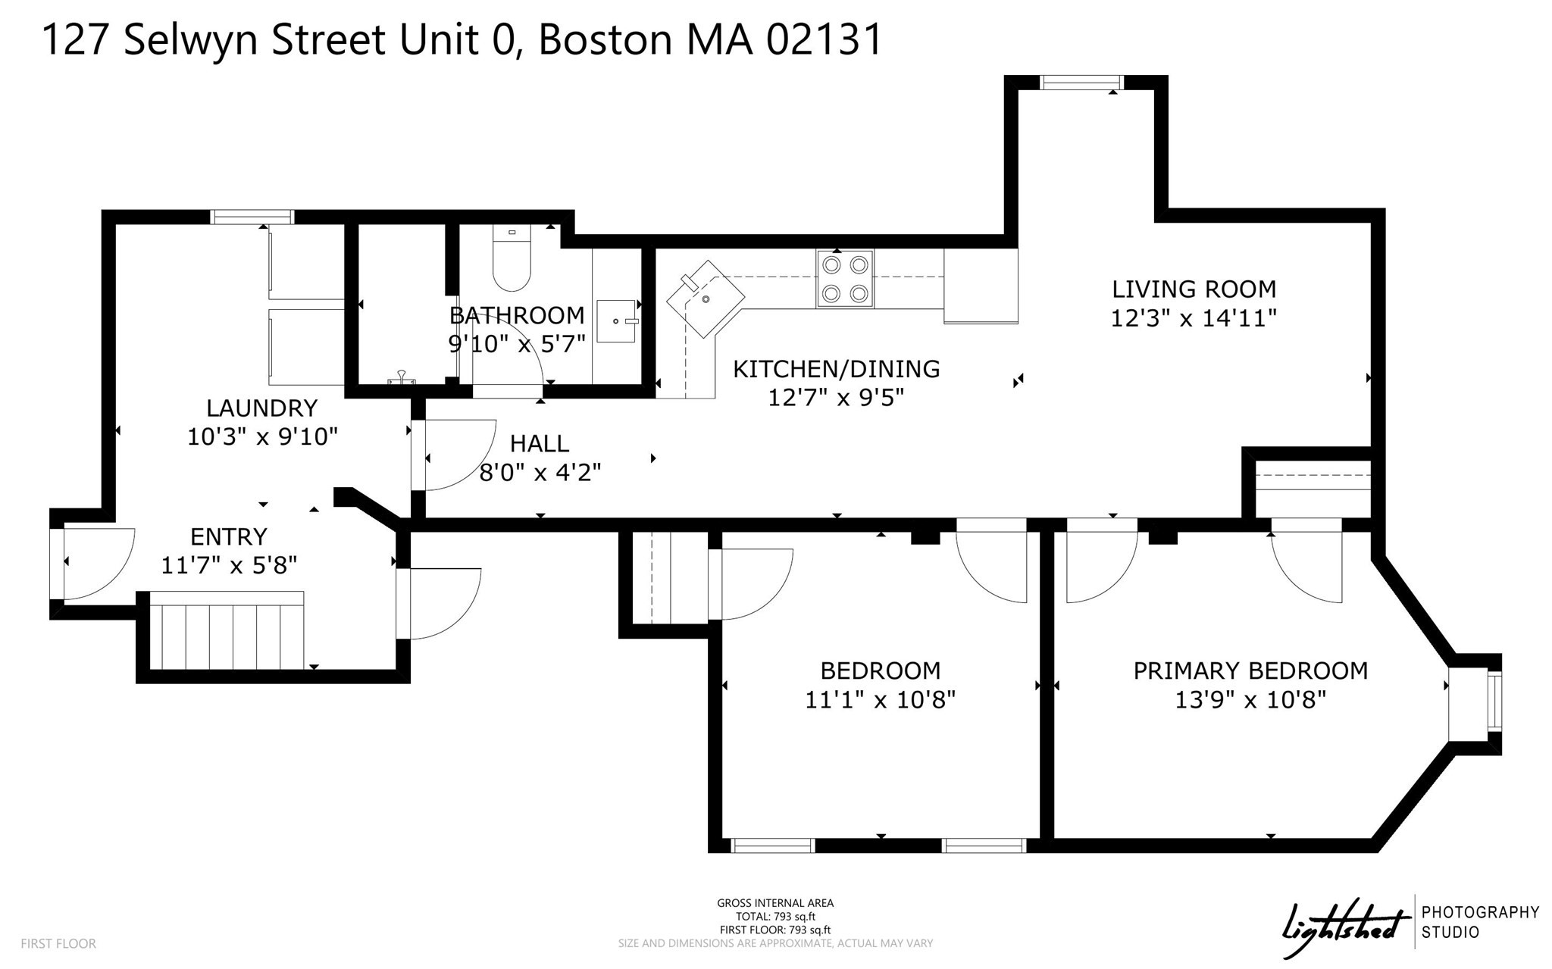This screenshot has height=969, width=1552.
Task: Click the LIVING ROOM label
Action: pyautogui.click(x=1194, y=289)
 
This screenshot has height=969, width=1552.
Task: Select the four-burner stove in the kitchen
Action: pyautogui.click(x=845, y=278)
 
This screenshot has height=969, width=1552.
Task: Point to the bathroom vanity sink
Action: pyautogui.click(x=616, y=322)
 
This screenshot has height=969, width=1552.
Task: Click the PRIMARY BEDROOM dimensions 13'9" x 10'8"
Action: pyautogui.click(x=1250, y=699)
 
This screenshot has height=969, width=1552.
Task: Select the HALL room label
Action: pyautogui.click(x=539, y=443)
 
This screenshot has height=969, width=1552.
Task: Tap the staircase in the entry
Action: pyautogui.click(x=227, y=631)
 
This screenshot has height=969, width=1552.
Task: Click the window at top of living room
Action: pyautogui.click(x=1081, y=83)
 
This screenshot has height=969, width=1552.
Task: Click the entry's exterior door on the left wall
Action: pyautogui.click(x=57, y=563)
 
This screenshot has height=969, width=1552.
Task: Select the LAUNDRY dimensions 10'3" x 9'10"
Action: pyautogui.click(x=262, y=437)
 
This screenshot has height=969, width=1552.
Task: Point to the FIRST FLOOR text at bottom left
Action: pyautogui.click(x=58, y=944)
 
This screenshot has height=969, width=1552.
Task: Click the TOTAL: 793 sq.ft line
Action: pyautogui.click(x=775, y=917)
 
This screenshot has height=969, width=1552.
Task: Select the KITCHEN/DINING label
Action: pyautogui.click(x=836, y=369)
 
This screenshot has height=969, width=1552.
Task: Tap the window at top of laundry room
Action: pyautogui.click(x=252, y=217)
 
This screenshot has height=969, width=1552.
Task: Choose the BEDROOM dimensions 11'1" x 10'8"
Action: pyautogui.click(x=880, y=699)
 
